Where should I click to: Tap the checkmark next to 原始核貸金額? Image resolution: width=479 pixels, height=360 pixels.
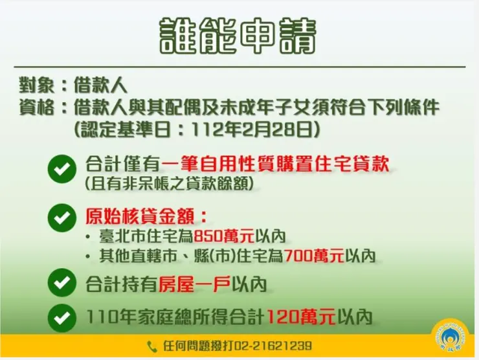[x=61, y=217]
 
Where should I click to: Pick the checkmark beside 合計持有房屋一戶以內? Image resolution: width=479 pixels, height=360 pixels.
[x=61, y=284]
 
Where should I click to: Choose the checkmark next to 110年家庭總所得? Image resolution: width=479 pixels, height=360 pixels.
[x=61, y=317]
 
